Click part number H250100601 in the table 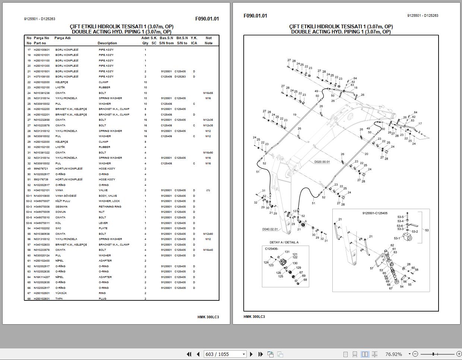41,50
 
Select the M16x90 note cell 208,152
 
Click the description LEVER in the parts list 103,223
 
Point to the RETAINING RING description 110,206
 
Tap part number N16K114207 41,277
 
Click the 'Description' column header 107,43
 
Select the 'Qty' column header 145,43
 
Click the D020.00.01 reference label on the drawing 322,162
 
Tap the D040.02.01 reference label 270,229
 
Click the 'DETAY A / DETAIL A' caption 284,242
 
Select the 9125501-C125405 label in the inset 374,213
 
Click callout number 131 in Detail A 287,252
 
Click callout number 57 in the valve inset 371,268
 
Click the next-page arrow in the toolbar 251,354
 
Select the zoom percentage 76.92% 393,354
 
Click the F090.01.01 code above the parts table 207,19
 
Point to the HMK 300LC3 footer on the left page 208,317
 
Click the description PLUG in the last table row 102,299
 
